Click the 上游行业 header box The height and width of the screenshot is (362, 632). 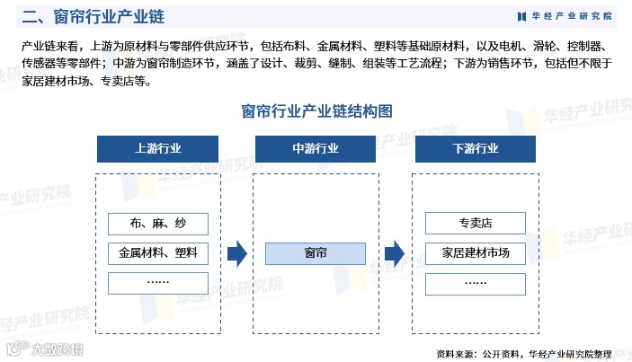click(157, 149)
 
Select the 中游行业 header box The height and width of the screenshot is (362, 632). click(316, 149)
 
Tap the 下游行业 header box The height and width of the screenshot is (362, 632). click(476, 149)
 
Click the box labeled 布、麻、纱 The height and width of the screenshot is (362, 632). click(157, 224)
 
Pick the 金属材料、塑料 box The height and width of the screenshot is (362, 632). click(157, 253)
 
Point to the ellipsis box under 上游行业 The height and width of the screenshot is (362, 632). click(157, 283)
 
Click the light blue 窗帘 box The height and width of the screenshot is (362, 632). click(316, 253)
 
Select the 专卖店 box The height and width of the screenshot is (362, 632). click(476, 224)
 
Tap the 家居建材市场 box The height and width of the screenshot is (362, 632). click(476, 253)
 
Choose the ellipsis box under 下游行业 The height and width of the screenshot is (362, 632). click(476, 283)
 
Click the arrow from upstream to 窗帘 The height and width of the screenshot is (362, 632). click(236, 254)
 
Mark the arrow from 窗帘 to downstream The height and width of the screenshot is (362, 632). click(395, 254)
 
